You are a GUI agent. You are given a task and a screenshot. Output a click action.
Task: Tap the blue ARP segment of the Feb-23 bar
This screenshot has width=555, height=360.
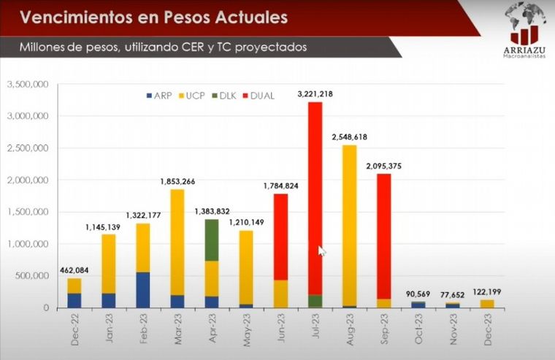(x=142, y=289)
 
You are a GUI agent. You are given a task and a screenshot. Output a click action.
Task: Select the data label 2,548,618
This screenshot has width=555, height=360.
(x=350, y=137)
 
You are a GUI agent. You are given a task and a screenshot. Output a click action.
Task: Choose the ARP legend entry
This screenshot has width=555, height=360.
(x=158, y=96)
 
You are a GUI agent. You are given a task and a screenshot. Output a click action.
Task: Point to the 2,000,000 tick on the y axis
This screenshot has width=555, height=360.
(x=27, y=180)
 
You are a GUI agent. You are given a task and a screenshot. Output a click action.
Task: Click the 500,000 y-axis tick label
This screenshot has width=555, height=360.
(x=31, y=276)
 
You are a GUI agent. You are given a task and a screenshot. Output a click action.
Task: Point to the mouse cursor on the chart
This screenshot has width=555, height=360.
(x=322, y=250)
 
